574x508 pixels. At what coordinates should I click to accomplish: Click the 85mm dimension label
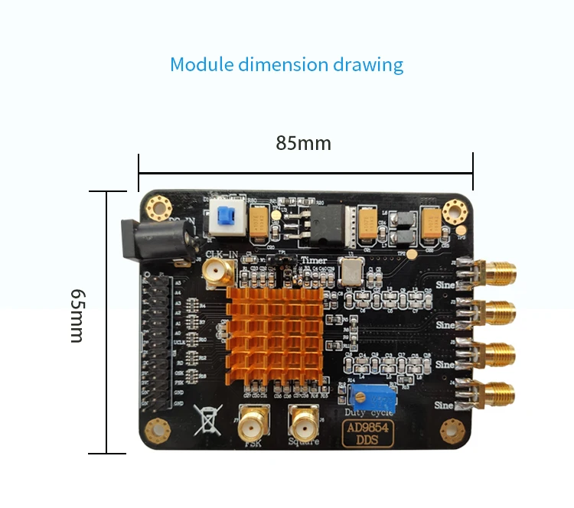304,143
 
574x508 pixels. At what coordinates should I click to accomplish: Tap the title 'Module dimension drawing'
286,63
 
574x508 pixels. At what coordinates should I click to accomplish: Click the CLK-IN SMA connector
216,270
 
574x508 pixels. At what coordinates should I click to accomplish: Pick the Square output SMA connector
304,420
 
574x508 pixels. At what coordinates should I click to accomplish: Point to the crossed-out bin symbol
207,419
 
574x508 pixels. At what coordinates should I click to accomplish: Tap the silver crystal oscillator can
352,272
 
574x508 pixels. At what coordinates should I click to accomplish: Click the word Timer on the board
314,260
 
